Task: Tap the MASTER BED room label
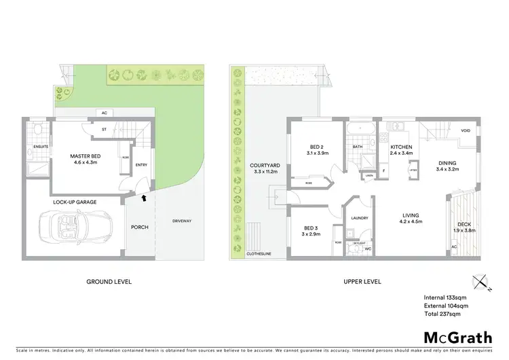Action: (x=86, y=156)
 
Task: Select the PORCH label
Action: (x=140, y=226)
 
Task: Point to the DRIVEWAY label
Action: (x=182, y=221)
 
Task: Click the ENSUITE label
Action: (x=39, y=145)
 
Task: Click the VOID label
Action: (x=465, y=131)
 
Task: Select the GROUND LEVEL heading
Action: (x=109, y=281)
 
